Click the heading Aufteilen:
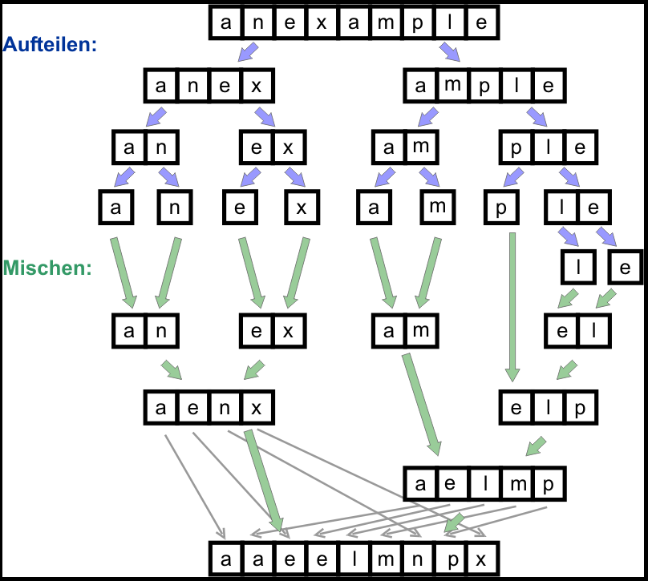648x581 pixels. [x=51, y=44]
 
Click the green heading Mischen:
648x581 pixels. [x=47, y=268]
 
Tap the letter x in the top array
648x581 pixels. [x=321, y=23]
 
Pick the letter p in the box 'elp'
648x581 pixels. [x=580, y=408]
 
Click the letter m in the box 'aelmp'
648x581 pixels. [x=517, y=483]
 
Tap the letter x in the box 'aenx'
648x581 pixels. [x=256, y=408]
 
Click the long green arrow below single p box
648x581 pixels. [x=511, y=305]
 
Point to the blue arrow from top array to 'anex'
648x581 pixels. [x=248, y=54]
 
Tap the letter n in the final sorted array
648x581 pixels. [x=418, y=558]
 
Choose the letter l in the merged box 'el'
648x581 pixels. [x=594, y=329]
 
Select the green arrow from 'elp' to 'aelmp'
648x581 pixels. [x=535, y=446]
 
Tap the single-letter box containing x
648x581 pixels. [x=302, y=208]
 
